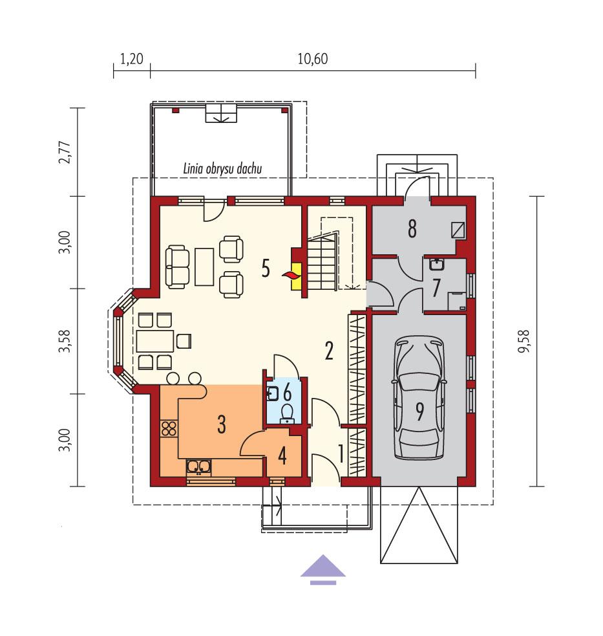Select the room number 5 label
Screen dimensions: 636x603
point(265,269)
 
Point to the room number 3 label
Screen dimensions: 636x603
point(221,425)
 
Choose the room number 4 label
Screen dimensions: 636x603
point(282,455)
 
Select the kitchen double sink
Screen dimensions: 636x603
point(198,466)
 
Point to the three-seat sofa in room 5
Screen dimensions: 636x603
point(178,265)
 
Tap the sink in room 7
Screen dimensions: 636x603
point(437,264)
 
